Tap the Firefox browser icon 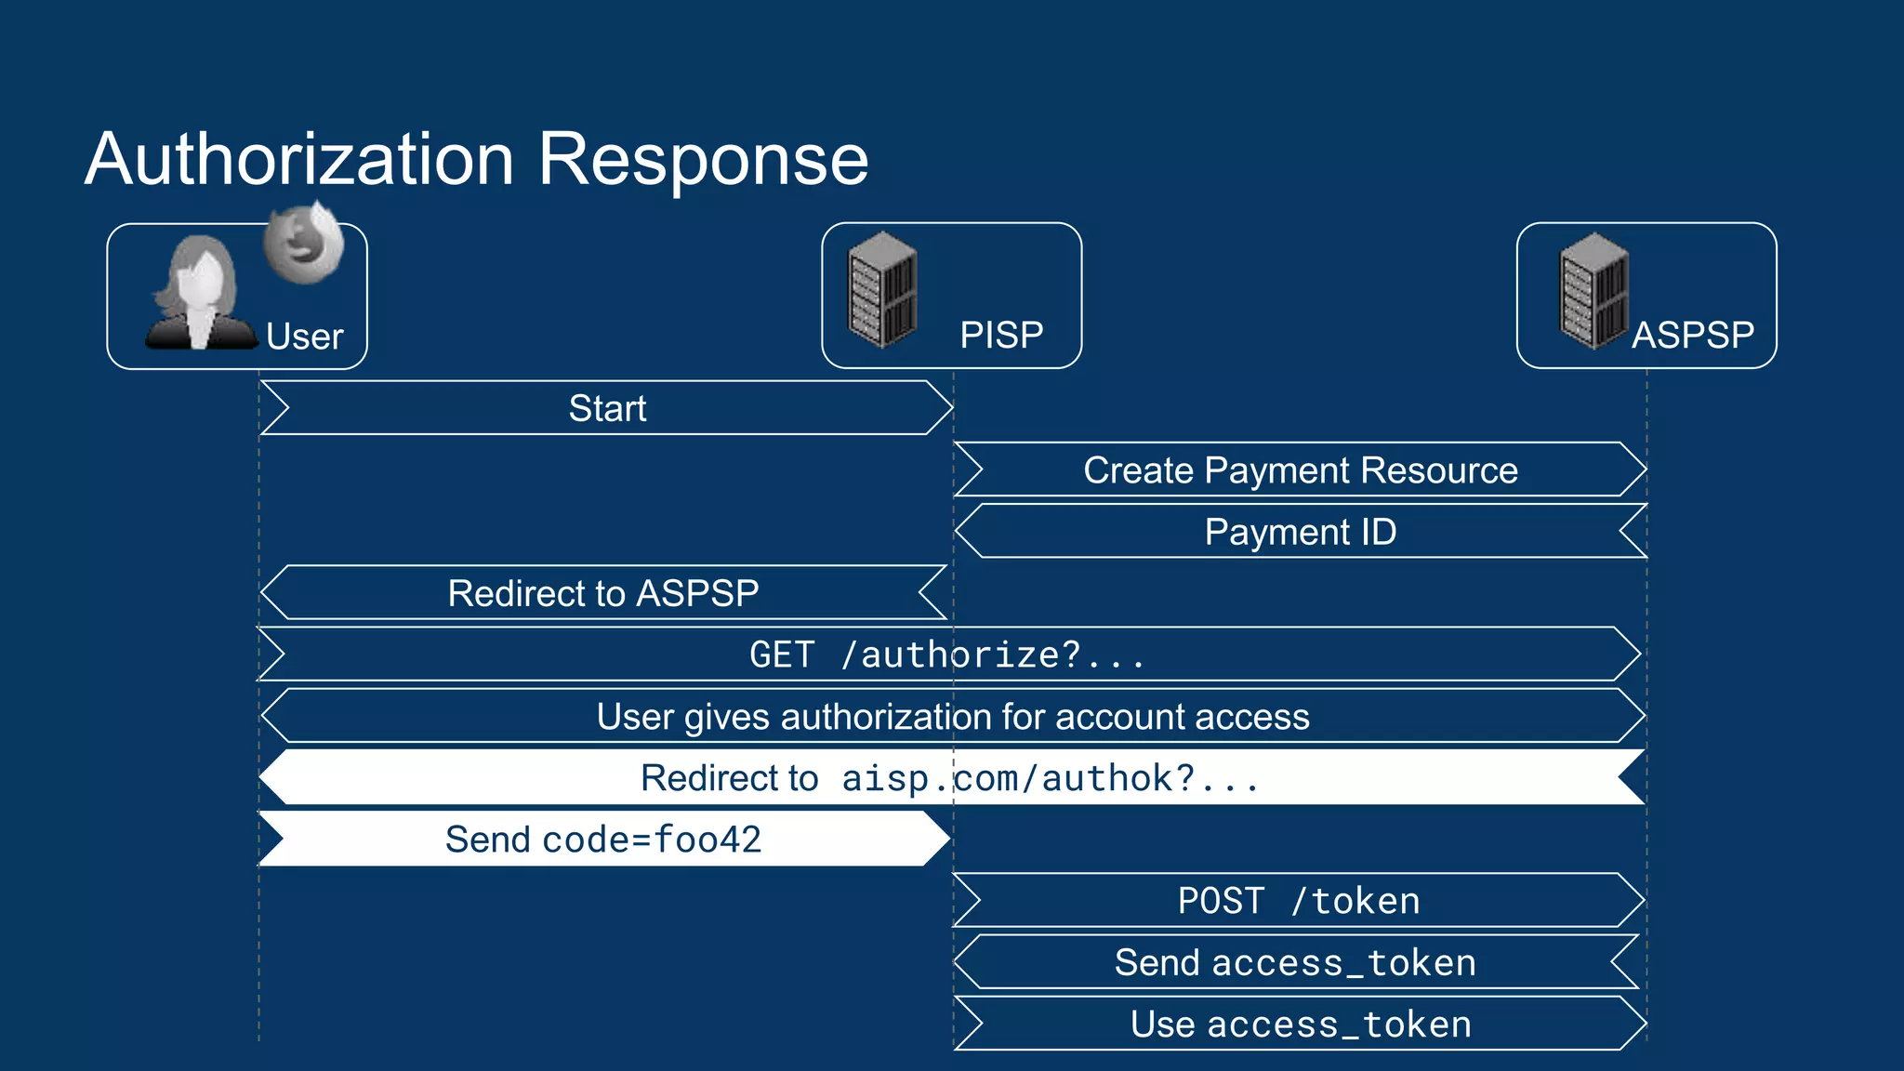coord(303,244)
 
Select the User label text coord(304,337)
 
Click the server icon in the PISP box coord(882,290)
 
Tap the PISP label coord(1001,335)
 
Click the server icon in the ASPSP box coord(1593,290)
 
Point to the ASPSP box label coord(1692,335)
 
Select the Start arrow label coord(607,408)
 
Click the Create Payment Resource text coord(1300,470)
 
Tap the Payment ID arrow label coord(1300,532)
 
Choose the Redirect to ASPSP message coord(603,593)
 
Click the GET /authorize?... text coord(947,654)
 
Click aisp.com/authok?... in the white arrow coord(1050,778)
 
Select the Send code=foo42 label coord(603,840)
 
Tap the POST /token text coord(1298,901)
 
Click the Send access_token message coord(1295,963)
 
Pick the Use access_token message coord(1300,1025)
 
